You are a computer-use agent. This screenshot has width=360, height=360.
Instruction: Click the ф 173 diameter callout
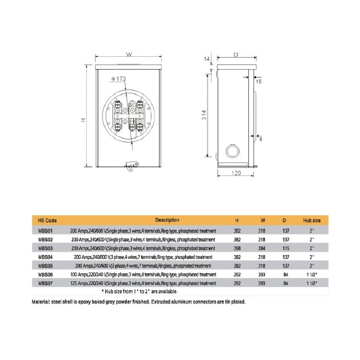point(119,79)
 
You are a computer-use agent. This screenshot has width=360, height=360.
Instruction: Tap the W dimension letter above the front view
point(129,54)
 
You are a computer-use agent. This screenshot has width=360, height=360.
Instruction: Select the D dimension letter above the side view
point(236,55)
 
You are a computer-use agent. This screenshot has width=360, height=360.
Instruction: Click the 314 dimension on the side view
point(204,115)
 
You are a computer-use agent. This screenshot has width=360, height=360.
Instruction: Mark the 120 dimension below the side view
point(236,173)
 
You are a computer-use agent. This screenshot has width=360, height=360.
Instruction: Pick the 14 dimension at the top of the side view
point(207,59)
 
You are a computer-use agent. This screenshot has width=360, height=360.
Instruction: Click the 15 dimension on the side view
point(259,81)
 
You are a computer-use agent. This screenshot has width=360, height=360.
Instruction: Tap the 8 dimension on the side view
point(261,139)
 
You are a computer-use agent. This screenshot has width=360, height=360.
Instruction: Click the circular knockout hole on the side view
point(233,151)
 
